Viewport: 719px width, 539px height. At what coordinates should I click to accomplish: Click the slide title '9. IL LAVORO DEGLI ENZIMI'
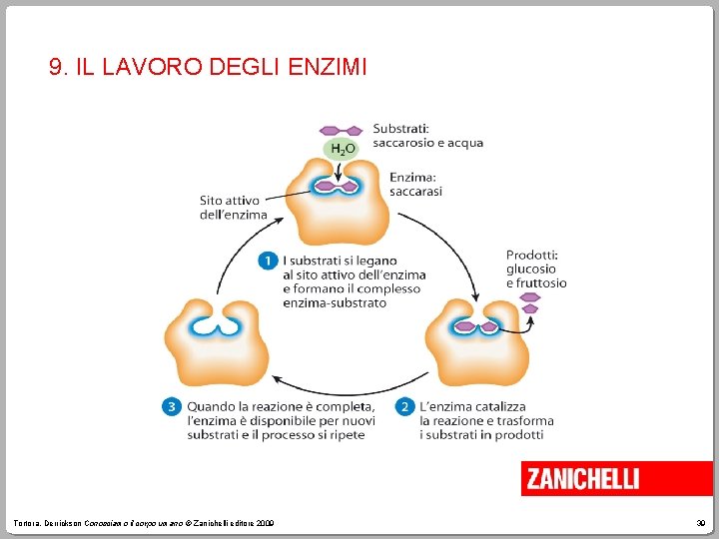pyautogui.click(x=208, y=68)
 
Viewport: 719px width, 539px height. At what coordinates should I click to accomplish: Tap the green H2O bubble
pyautogui.click(x=343, y=149)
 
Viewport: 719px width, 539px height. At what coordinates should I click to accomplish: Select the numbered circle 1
pyautogui.click(x=268, y=261)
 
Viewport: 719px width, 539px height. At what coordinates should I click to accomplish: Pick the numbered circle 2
pyautogui.click(x=404, y=407)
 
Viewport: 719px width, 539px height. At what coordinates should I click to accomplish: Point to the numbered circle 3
pyautogui.click(x=171, y=407)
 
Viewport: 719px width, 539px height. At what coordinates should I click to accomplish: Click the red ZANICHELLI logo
pyautogui.click(x=594, y=479)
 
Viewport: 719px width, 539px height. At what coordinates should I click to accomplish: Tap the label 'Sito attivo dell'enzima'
pyautogui.click(x=233, y=208)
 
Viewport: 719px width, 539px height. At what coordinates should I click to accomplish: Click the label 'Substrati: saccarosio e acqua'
pyautogui.click(x=427, y=136)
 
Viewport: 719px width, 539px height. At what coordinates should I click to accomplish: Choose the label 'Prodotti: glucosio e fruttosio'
pyautogui.click(x=536, y=269)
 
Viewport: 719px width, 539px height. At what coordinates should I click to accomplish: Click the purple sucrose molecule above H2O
pyautogui.click(x=341, y=130)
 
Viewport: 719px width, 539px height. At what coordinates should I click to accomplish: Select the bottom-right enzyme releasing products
pyautogui.click(x=475, y=339)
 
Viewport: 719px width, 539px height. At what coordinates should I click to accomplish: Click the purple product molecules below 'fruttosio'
pyautogui.click(x=530, y=301)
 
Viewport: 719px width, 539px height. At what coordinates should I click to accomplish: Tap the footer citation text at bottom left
pyautogui.click(x=145, y=524)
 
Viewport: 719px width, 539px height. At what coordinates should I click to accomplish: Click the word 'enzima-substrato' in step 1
pyautogui.click(x=334, y=302)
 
